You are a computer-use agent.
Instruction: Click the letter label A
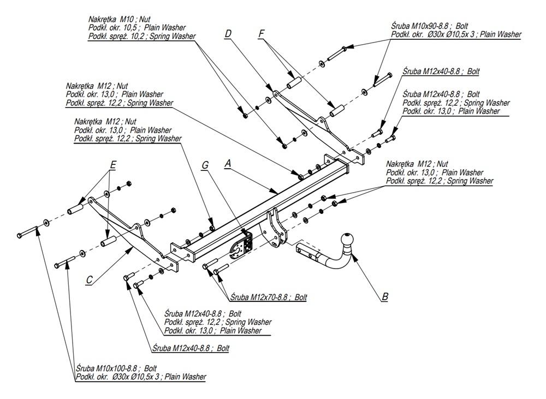[229, 163]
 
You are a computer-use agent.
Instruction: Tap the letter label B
[385, 297]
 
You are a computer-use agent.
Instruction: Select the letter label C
[89, 280]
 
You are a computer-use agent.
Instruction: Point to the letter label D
[228, 34]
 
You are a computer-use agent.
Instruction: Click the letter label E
[113, 164]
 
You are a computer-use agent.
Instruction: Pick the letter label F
[262, 34]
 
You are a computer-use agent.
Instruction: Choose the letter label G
[205, 164]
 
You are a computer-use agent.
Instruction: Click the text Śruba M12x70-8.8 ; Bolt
[268, 297]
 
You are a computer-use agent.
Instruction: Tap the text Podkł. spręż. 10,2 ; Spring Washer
[141, 36]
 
